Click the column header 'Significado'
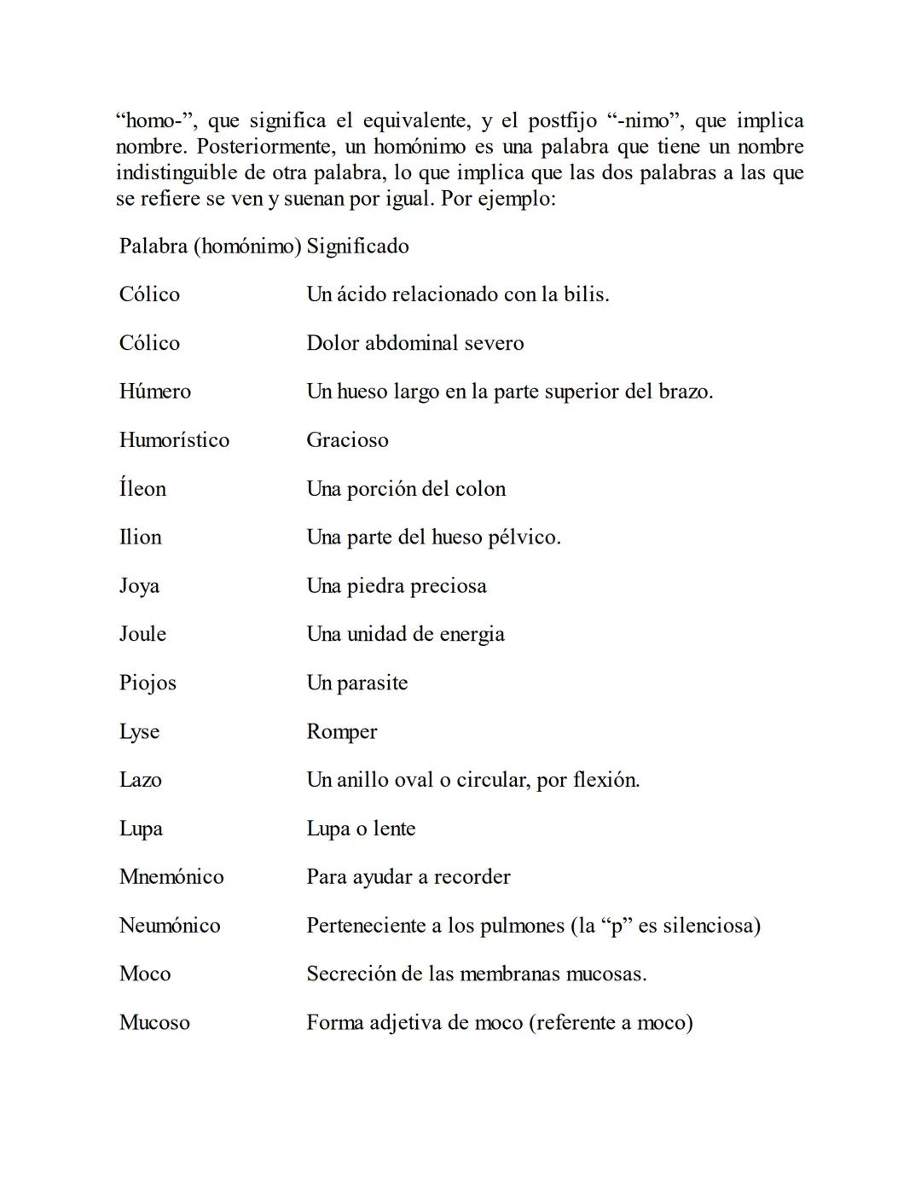(357, 247)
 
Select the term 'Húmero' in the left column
(155, 392)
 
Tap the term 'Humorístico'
(174, 440)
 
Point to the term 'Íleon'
(142, 489)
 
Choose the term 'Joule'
(142, 634)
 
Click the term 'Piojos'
(148, 683)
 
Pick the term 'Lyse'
(139, 732)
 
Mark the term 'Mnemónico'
(171, 877)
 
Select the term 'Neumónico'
(170, 926)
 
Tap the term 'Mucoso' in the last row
(154, 1023)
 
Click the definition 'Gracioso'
(347, 440)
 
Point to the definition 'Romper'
(341, 732)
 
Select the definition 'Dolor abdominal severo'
(415, 343)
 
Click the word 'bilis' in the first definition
(586, 295)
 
